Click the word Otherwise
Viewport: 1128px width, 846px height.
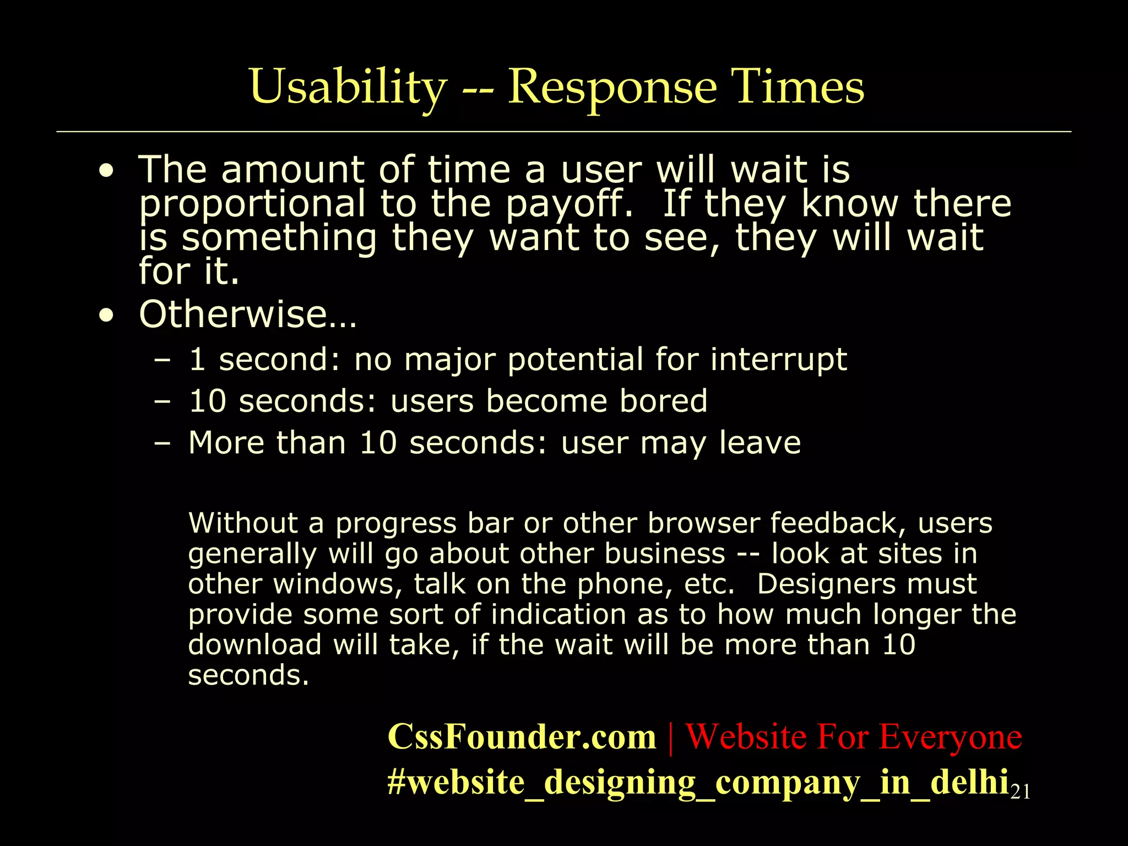click(x=248, y=314)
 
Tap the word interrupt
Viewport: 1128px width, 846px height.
click(x=778, y=360)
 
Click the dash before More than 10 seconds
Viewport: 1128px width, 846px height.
click(x=162, y=443)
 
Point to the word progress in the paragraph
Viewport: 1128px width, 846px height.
click(x=396, y=523)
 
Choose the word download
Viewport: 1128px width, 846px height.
click(x=254, y=645)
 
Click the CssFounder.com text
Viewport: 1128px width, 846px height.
click(x=522, y=737)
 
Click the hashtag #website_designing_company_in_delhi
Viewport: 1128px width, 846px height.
click(x=698, y=782)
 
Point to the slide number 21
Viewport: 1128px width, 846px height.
click(x=1021, y=792)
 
